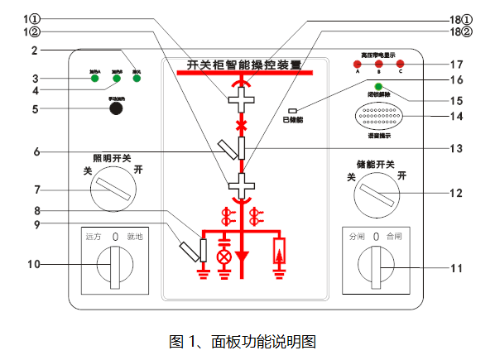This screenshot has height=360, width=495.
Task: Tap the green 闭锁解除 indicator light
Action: click(378, 87)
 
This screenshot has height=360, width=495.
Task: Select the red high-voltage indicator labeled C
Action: click(400, 64)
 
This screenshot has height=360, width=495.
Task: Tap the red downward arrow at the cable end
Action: click(243, 254)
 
